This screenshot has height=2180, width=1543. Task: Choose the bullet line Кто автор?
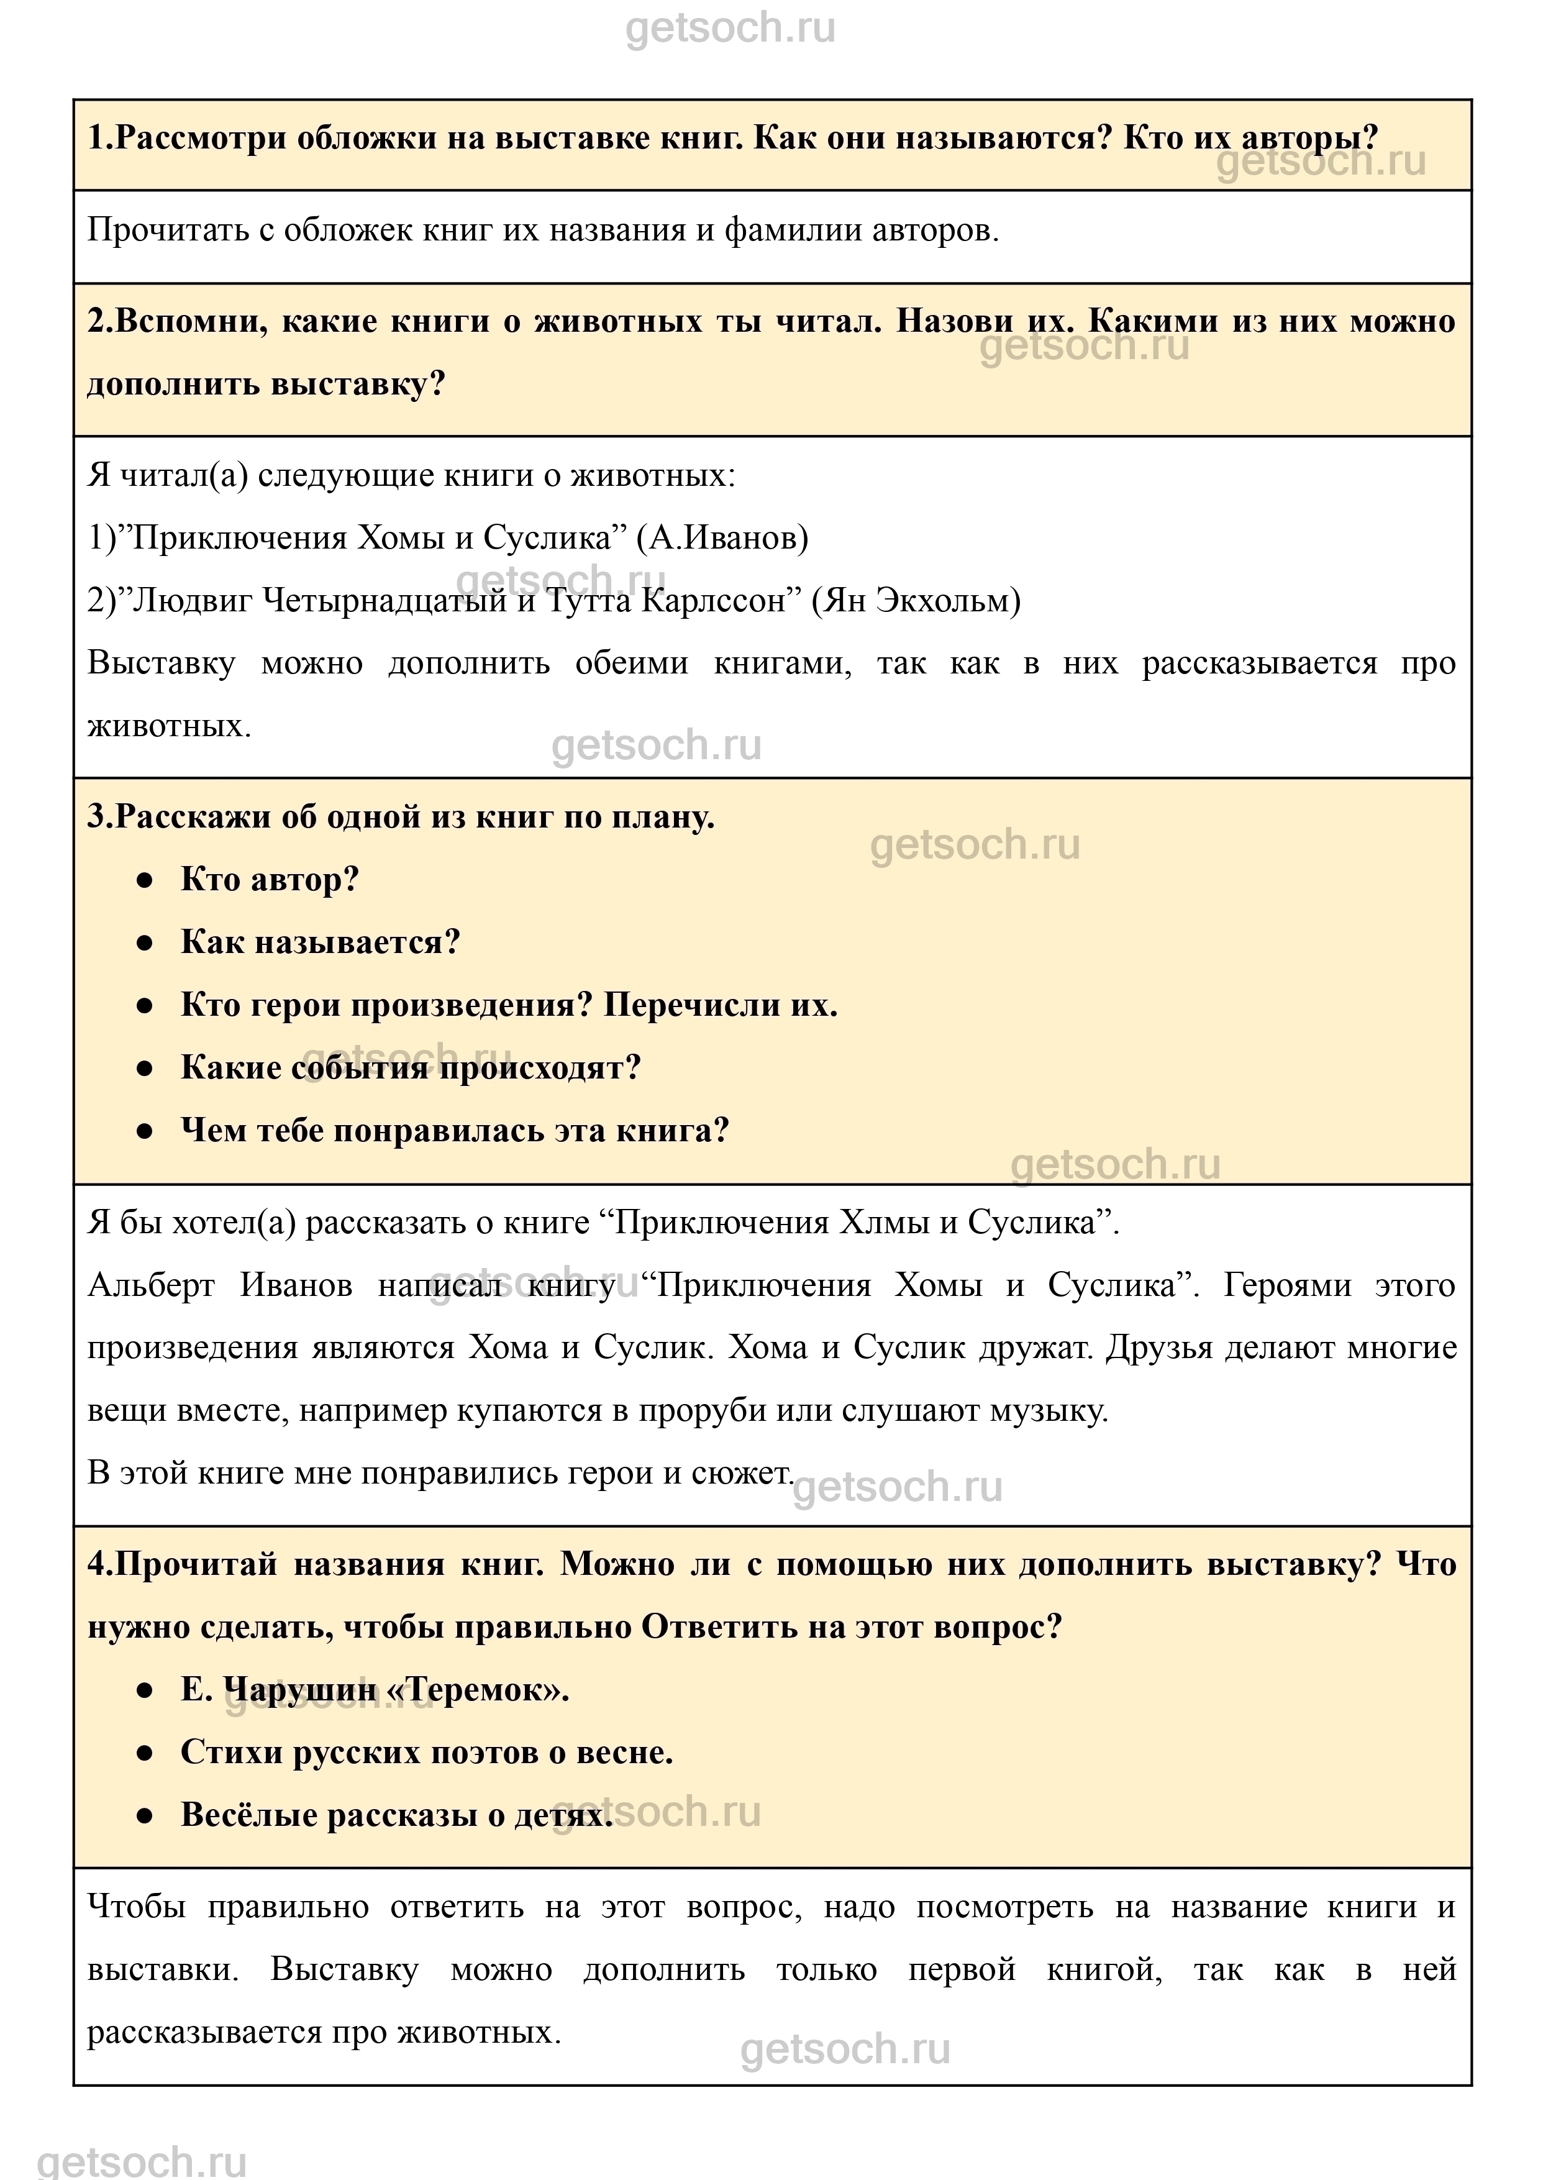pos(270,880)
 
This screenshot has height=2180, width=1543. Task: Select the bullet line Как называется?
pos(320,942)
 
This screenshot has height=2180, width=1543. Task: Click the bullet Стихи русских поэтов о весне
pos(427,1753)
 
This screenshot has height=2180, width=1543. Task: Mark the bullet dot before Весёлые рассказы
pos(144,1816)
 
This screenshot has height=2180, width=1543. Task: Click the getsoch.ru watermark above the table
pos(730,29)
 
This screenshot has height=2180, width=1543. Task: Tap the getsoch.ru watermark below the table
pos(142,2160)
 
